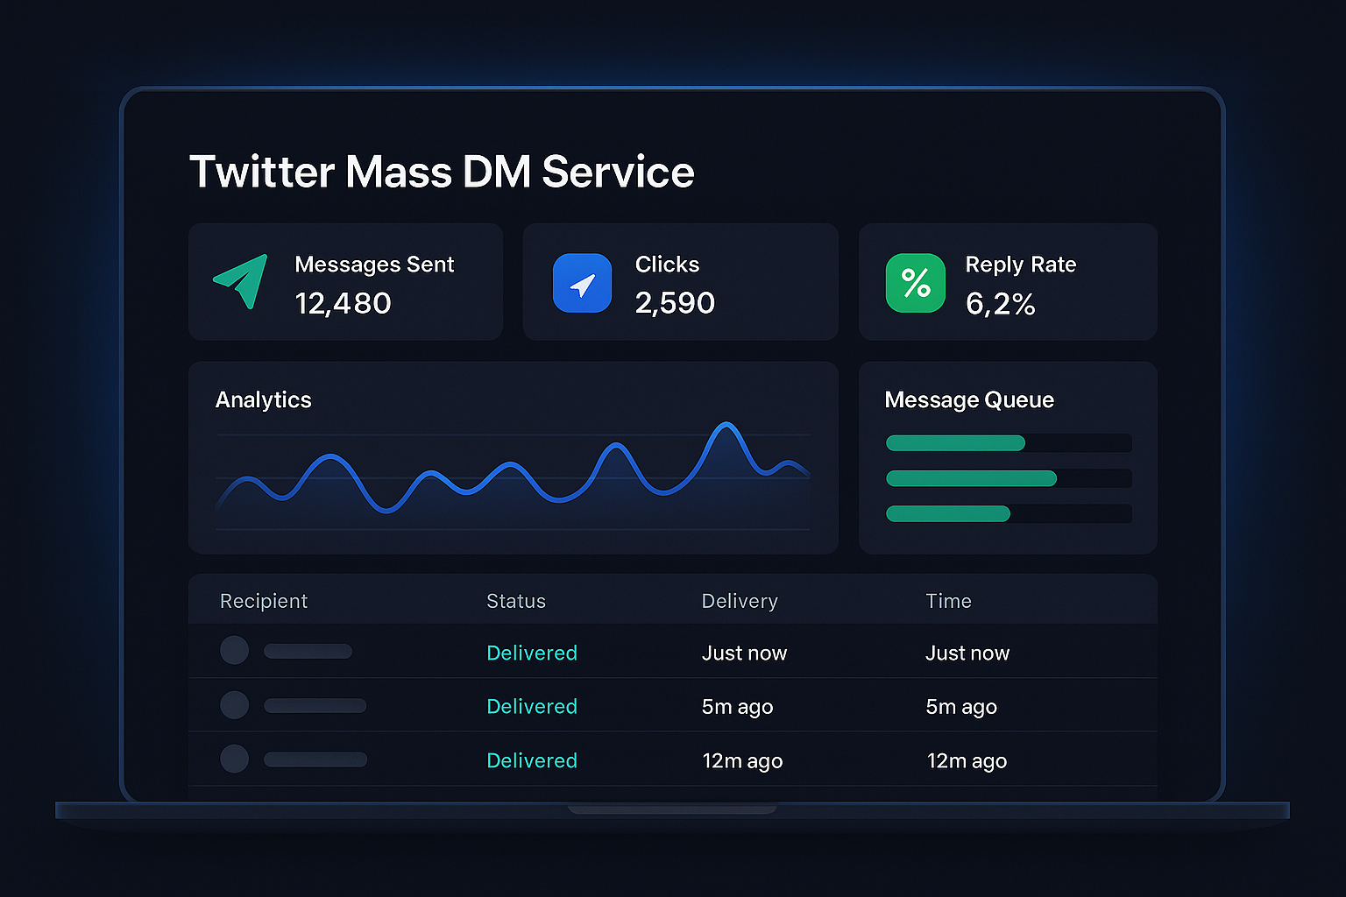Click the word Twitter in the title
pos(262,172)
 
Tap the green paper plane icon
pos(241,281)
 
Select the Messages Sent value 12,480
pos(343,303)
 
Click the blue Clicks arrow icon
pos(582,283)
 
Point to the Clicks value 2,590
pos(675,303)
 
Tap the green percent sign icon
pos(916,283)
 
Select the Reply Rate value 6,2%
pos(1000,304)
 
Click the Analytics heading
pos(263,399)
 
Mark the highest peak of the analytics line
pos(726,425)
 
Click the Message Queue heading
pos(969,399)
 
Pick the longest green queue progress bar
pos(971,478)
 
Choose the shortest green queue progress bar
pos(948,514)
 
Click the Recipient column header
pos(264,601)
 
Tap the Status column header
pos(516,601)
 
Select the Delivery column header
pos(740,601)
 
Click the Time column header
pos(948,601)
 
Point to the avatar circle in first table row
pos(234,651)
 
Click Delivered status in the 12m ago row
pos(532,760)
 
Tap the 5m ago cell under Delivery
pos(737,707)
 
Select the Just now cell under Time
pos(967,653)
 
